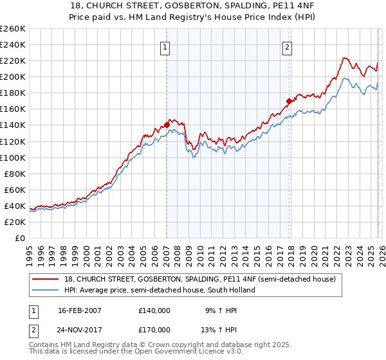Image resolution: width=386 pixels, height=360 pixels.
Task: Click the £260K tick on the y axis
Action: coord(13,29)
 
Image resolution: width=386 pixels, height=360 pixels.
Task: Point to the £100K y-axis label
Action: coord(13,157)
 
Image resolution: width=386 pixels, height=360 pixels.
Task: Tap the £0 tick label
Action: coord(19,238)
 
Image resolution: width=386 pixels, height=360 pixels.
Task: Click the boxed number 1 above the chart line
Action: coord(166,46)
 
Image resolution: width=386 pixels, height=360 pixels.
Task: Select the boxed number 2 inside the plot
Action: coord(287,46)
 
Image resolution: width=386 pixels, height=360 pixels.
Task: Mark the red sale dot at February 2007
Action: coord(167,125)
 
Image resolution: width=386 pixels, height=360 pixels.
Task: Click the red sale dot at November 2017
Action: coord(289,101)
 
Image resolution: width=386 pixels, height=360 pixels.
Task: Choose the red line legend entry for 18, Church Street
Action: coord(199,279)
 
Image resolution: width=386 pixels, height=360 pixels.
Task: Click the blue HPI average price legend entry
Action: coord(160,290)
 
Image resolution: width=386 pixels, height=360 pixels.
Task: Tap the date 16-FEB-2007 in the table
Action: coord(80,310)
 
